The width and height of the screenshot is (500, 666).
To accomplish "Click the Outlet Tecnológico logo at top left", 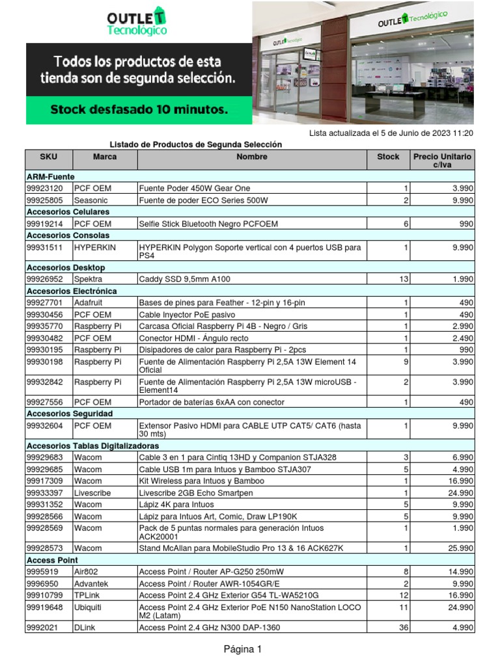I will coord(137,21).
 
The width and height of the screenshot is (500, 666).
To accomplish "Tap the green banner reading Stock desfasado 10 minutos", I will coord(139,110).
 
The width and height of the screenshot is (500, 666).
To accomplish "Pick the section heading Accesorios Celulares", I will coord(68,212).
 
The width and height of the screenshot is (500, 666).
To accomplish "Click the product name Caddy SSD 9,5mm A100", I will coord(185,279).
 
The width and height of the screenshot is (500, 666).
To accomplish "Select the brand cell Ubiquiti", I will coord(90,607).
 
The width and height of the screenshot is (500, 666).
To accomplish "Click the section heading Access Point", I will coord(52,560).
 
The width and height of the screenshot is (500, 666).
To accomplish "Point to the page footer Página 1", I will coord(243,649).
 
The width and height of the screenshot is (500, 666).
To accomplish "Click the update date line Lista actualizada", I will coord(391,133).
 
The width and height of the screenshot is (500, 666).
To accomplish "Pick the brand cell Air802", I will coord(87,572).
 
